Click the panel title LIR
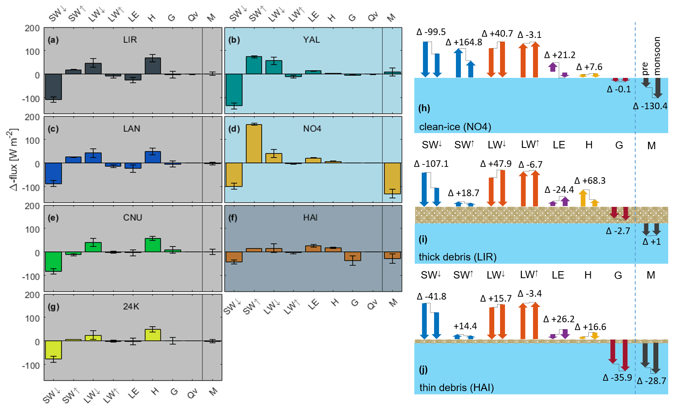point(130,40)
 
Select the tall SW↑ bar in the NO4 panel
point(254,143)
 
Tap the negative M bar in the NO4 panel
point(392,178)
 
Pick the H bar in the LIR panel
point(153,66)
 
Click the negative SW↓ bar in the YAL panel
point(234,90)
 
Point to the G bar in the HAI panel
point(352,256)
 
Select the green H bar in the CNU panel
point(153,245)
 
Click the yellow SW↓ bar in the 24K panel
point(53,349)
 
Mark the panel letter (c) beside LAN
point(53,129)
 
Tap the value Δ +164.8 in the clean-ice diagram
point(464,42)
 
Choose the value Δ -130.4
point(650,106)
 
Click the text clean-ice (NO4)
point(455,127)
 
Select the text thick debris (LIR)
point(458,257)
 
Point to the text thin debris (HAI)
point(456,387)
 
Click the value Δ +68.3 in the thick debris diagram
point(589,180)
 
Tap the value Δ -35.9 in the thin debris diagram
point(617,377)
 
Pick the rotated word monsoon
point(657,56)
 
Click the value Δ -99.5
point(431,32)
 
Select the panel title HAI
point(310,218)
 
